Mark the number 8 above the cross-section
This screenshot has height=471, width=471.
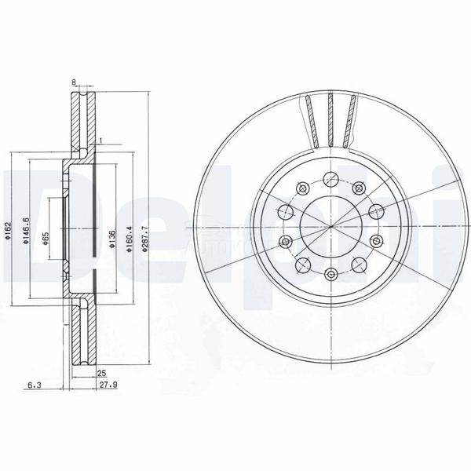coord(73,82)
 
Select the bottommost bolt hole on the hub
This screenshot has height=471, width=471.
coord(330,274)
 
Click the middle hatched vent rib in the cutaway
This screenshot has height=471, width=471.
coord(330,119)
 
